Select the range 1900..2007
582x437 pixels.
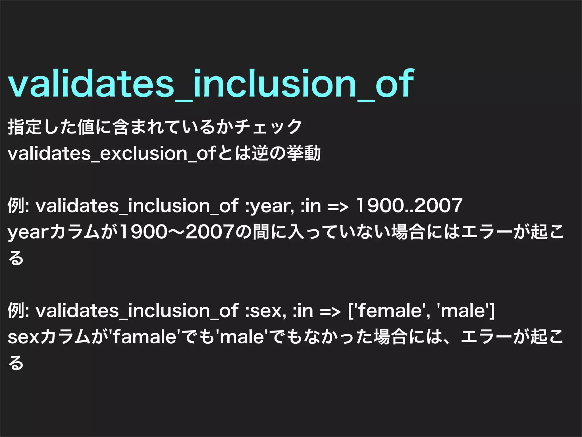point(409,205)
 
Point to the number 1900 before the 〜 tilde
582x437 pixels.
point(144,232)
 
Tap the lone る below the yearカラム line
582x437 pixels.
point(16,258)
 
